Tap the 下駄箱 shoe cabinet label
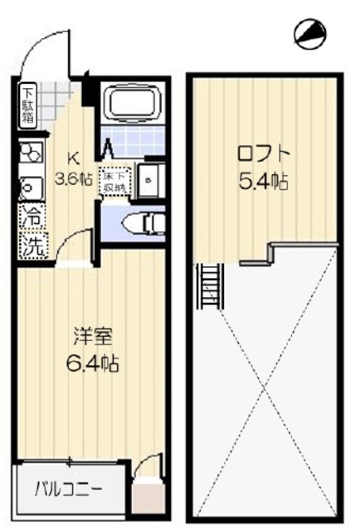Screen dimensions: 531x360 coord(28,105)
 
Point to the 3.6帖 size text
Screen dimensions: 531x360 coord(74,178)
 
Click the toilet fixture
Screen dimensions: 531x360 coord(141,223)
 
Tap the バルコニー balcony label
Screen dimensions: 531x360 coord(68,488)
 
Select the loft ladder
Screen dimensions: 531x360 coord(210,286)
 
